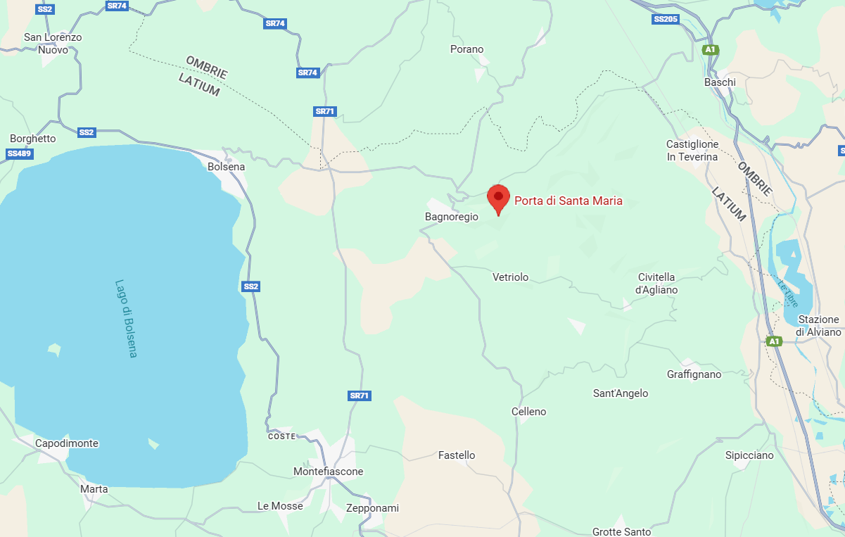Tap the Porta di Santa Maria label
tap(568, 201)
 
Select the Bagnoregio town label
tap(452, 217)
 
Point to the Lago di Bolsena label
tap(126, 318)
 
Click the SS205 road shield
tap(666, 19)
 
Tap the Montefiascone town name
tap(329, 472)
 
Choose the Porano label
tap(467, 49)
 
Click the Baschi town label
tap(720, 82)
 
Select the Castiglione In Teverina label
tap(692, 151)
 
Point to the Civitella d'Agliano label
tap(656, 284)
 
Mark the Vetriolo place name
tap(511, 277)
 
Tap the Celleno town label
tap(529, 412)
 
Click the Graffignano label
tap(694, 374)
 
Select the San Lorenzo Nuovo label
tap(53, 44)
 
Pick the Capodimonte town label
tap(67, 443)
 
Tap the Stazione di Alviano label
tap(818, 326)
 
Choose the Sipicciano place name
tap(749, 455)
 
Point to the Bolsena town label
tap(227, 167)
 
